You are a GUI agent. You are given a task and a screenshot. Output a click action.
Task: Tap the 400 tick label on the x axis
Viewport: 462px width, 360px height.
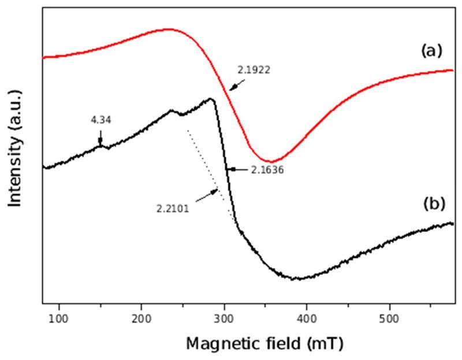[x=307, y=317]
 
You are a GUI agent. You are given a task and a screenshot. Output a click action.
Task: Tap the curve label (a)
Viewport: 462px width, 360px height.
[x=430, y=51]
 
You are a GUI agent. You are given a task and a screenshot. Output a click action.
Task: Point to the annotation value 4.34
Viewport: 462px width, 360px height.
[x=101, y=120]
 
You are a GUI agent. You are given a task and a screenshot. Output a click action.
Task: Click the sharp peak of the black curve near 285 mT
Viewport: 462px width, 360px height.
[x=211, y=99]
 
